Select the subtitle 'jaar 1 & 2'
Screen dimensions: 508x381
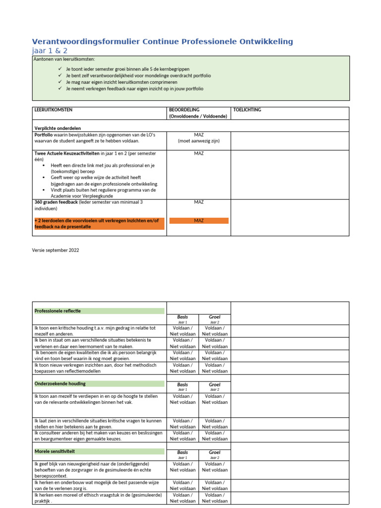pos(50,51)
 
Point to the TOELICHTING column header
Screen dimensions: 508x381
pos(247,110)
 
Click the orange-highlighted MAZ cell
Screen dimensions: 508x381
pos(199,220)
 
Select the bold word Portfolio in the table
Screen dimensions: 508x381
pos(44,135)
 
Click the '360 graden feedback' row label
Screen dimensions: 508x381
pos(56,202)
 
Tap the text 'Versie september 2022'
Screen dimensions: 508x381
pos(56,250)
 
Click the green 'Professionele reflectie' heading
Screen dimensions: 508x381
pos(57,311)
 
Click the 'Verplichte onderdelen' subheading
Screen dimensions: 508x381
pos(55,128)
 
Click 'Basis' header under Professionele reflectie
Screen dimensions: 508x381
pos(183,317)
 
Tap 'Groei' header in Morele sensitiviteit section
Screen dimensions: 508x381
pos(215,452)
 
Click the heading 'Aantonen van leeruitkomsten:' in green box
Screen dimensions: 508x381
pos(64,60)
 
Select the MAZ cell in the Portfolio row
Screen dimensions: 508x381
pos(199,135)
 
